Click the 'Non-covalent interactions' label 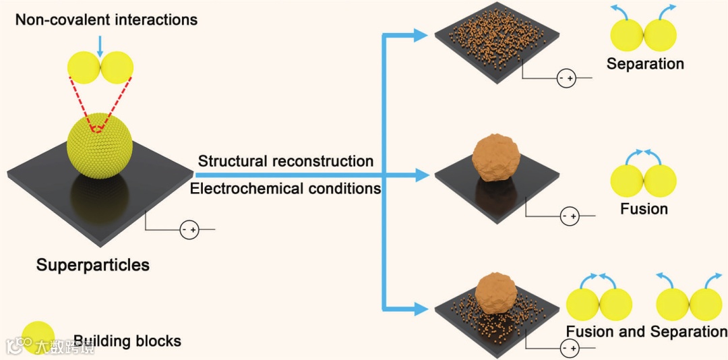click(107, 20)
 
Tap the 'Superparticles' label click(93, 264)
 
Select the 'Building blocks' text click(127, 340)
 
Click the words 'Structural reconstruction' click(286, 161)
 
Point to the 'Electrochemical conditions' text click(286, 188)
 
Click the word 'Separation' click(645, 64)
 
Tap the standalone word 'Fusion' click(644, 209)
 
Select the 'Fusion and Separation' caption click(646, 332)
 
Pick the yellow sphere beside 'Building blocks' click(38, 338)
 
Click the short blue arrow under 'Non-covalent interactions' click(100, 46)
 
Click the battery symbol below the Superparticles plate click(189, 230)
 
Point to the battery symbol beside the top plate click(566, 79)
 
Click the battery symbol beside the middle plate click(570, 216)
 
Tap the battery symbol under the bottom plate click(570, 348)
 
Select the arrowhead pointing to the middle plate click(422, 175)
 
